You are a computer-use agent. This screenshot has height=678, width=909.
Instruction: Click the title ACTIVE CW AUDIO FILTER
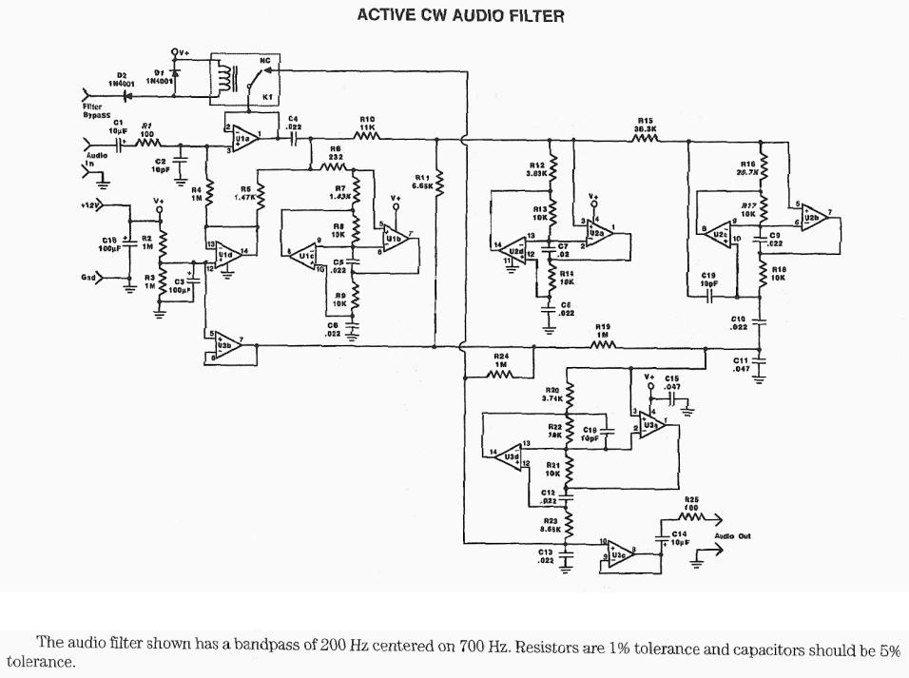click(x=460, y=15)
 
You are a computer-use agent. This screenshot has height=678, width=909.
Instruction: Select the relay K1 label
click(x=267, y=97)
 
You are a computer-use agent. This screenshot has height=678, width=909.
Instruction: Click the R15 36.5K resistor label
click(x=646, y=125)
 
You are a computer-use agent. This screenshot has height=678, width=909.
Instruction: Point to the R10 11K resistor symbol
click(x=367, y=136)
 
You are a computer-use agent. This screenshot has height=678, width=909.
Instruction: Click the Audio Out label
click(x=732, y=536)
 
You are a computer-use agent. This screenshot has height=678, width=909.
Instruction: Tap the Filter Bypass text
click(x=95, y=111)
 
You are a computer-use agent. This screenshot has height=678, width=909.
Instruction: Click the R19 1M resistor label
click(x=602, y=330)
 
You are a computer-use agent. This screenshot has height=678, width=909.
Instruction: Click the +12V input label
click(x=91, y=204)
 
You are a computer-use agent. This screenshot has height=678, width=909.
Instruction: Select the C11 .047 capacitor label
click(x=742, y=364)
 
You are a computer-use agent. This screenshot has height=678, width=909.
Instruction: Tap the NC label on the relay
click(x=264, y=60)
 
